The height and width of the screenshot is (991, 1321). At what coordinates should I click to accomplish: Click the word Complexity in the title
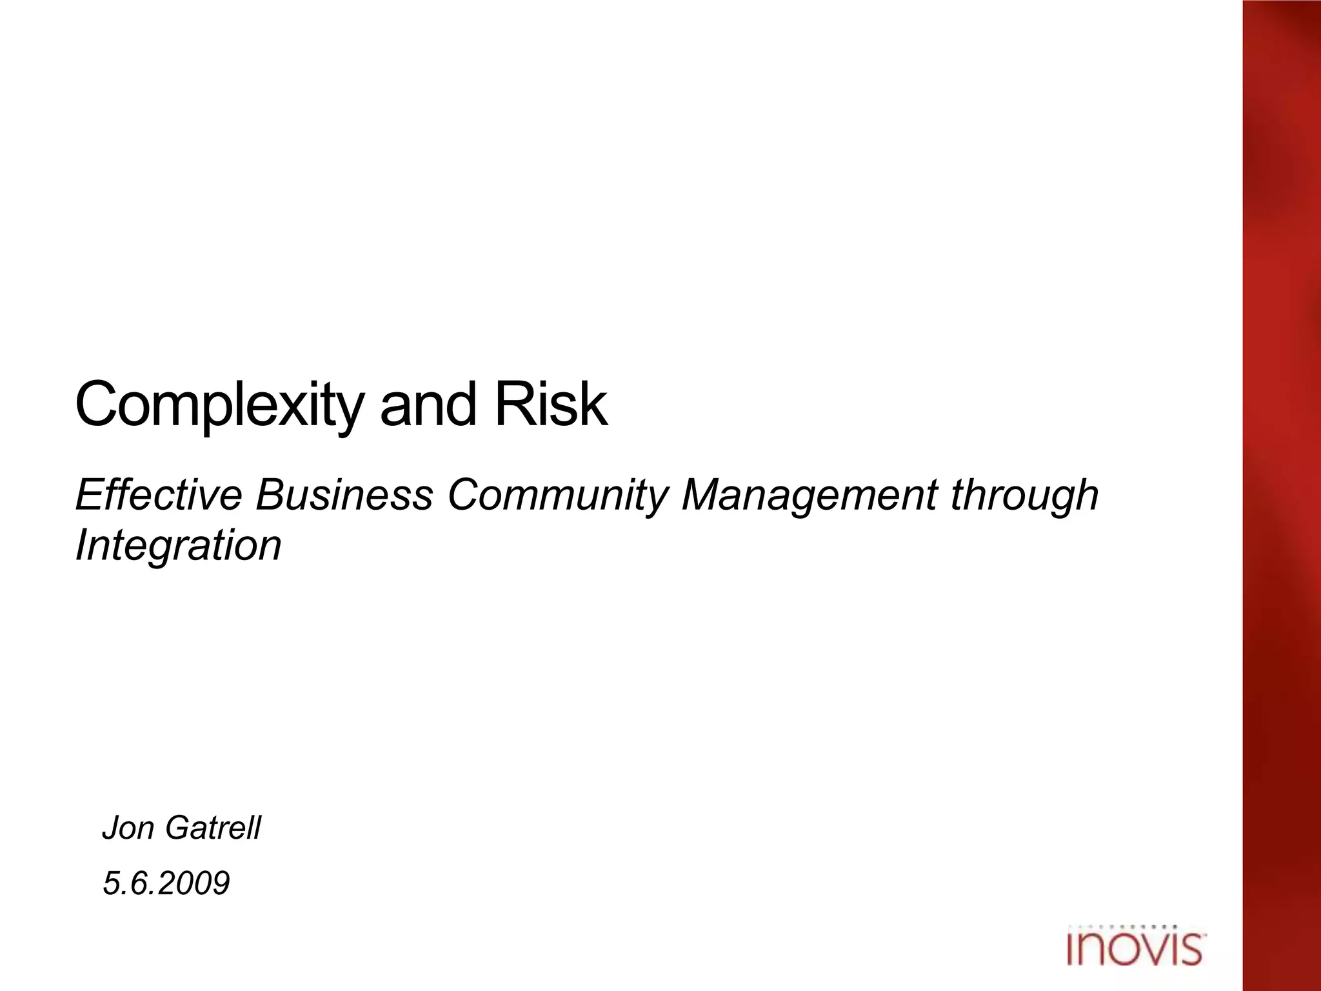click(219, 405)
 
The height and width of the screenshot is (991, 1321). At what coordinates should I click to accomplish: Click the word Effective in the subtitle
click(159, 495)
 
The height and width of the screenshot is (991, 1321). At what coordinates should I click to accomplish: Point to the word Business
click(344, 495)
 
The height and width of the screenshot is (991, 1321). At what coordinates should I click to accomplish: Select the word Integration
click(179, 546)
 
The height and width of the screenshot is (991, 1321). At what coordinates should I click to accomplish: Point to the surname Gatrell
click(213, 828)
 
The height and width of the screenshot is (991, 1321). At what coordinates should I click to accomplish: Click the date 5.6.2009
click(166, 883)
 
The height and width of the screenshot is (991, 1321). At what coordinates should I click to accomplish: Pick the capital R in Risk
click(511, 404)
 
